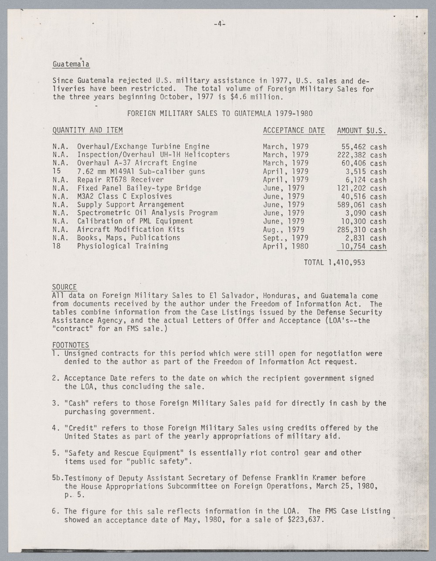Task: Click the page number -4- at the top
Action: (219, 24)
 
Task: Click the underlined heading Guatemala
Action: (71, 64)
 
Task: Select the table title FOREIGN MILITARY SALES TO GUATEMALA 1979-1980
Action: (219, 114)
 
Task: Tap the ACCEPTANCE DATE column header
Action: (293, 130)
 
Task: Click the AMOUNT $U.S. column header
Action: (362, 130)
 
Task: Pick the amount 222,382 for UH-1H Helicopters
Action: (352, 155)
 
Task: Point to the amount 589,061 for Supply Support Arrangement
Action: (352, 205)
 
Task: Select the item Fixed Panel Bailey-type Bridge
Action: (139, 188)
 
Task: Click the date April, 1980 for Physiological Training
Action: (285, 246)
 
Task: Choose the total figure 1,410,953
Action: (347, 263)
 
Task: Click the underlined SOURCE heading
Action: (65, 287)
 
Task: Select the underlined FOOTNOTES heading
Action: (71, 345)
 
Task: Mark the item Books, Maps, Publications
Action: (129, 238)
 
